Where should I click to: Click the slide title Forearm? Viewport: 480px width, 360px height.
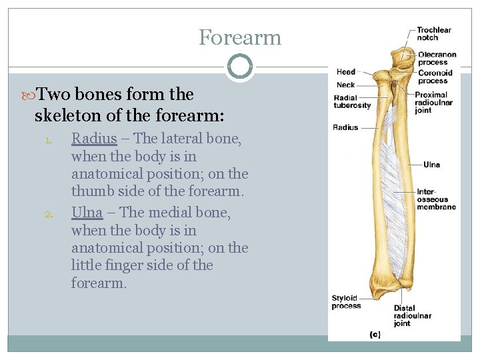pyautogui.click(x=240, y=37)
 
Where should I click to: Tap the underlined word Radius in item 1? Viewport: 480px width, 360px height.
pyautogui.click(x=94, y=139)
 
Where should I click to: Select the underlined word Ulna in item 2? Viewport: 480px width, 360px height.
pyautogui.click(x=87, y=213)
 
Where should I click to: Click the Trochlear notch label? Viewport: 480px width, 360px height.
pyautogui.click(x=434, y=33)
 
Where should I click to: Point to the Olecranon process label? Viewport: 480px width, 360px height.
pyautogui.click(x=437, y=58)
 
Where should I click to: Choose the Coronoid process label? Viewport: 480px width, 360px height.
pyautogui.click(x=435, y=77)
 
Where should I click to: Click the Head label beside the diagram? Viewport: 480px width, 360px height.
pyautogui.click(x=346, y=72)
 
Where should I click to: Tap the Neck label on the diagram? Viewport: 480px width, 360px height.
pyautogui.click(x=346, y=85)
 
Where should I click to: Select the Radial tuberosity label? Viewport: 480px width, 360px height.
pyautogui.click(x=352, y=102)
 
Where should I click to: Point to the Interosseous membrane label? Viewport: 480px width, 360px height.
pyautogui.click(x=437, y=199)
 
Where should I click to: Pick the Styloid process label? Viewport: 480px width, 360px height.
pyautogui.click(x=346, y=302)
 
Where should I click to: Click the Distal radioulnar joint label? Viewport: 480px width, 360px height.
pyautogui.click(x=413, y=315)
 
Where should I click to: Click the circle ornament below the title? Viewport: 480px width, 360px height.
pyautogui.click(x=239, y=67)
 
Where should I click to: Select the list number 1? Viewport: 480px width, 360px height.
pyautogui.click(x=48, y=141)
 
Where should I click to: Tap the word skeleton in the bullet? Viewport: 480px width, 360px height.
pyautogui.click(x=70, y=116)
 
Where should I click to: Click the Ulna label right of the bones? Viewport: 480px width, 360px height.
pyautogui.click(x=431, y=164)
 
